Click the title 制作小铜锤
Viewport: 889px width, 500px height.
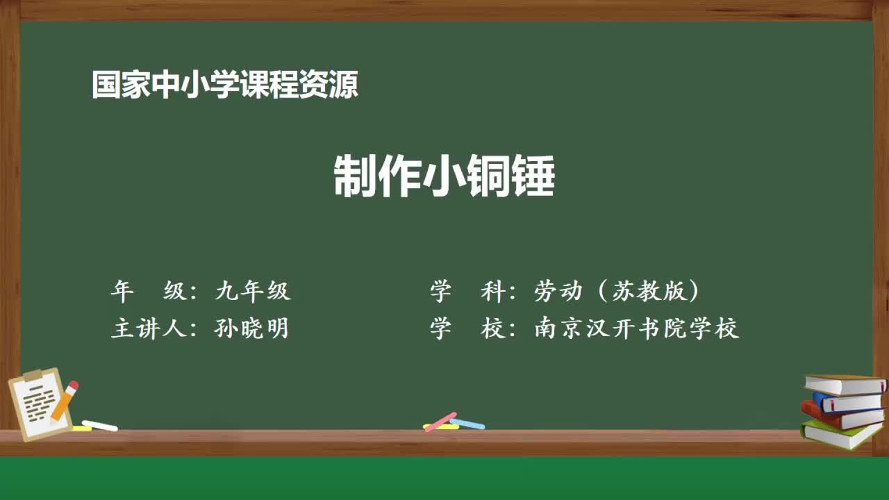(x=444, y=176)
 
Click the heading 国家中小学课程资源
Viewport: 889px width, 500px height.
(x=225, y=85)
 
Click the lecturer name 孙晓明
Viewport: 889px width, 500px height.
(x=251, y=328)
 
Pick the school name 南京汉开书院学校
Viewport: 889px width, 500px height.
(x=636, y=328)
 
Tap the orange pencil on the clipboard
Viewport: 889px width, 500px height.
(x=65, y=400)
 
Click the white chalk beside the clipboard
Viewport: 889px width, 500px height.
(x=99, y=425)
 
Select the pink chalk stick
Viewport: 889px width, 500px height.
(x=440, y=422)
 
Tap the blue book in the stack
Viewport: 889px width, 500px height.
(x=851, y=403)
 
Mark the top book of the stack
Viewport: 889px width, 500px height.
(x=844, y=384)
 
